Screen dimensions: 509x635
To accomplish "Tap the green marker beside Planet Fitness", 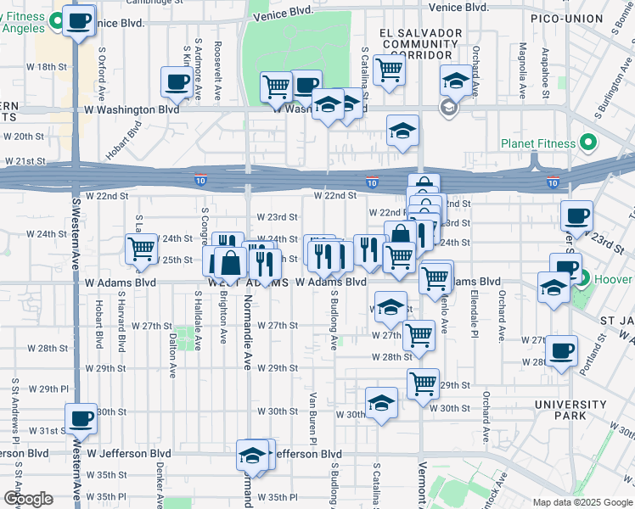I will [x=586, y=143].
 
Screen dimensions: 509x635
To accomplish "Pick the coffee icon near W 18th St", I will [x=176, y=82].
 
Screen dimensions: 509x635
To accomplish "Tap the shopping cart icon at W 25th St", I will [x=140, y=249].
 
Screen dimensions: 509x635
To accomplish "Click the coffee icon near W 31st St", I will [x=81, y=417].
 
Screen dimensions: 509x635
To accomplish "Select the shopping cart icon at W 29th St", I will [x=423, y=383].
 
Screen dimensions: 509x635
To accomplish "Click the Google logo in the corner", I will [x=28, y=499].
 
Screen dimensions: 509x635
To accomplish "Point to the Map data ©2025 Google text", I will [x=582, y=502].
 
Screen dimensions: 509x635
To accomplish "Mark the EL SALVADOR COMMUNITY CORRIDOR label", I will [x=421, y=44].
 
